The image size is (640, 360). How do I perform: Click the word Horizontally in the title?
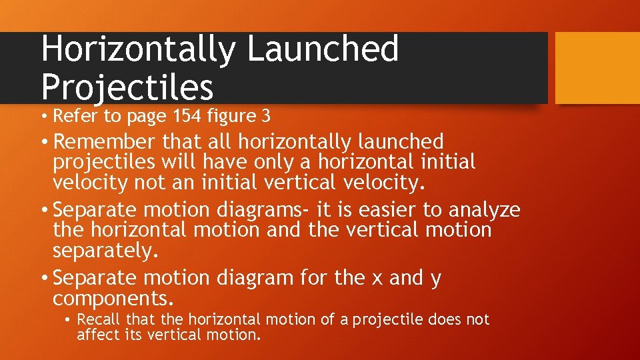click(x=138, y=49)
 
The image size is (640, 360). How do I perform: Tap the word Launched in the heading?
click(x=323, y=49)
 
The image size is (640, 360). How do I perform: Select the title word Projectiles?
click(x=127, y=87)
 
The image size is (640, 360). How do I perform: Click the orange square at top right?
click(x=597, y=68)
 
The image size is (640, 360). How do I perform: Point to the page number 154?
click(x=191, y=117)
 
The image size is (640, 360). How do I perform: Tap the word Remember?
click(x=105, y=141)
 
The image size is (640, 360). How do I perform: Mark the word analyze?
click(x=485, y=210)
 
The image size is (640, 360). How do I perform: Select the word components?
click(x=109, y=298)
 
